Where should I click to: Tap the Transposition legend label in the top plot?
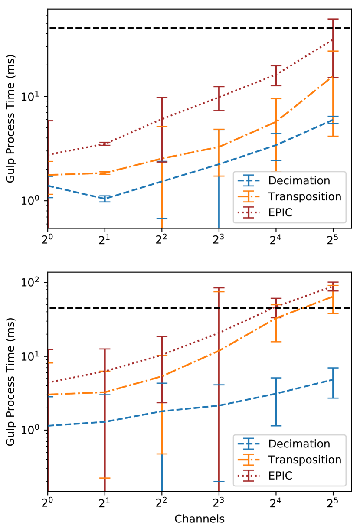[304, 196]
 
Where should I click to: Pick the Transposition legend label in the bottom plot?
[304, 459]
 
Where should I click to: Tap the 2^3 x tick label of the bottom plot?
[219, 502]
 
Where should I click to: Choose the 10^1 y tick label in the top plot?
[34, 96]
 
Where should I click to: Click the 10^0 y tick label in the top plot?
[34, 200]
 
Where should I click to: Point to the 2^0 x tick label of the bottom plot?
[48, 502]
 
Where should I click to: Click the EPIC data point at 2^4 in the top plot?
[276, 75]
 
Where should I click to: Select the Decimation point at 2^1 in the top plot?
[105, 199]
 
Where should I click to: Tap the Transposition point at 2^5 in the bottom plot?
[333, 296]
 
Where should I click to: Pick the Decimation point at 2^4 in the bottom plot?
[276, 394]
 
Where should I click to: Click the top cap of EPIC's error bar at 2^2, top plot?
[162, 98]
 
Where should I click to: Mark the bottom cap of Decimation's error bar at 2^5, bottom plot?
[333, 398]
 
